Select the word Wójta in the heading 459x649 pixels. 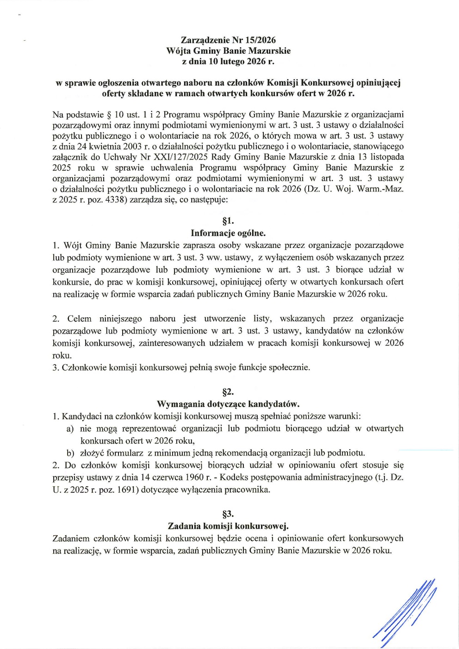click(178, 51)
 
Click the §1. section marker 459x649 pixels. click(228, 221)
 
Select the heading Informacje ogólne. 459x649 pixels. click(228, 233)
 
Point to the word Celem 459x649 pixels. click(79, 319)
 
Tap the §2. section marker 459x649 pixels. click(228, 392)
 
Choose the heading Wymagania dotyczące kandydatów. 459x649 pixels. click(228, 404)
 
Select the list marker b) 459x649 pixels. click(70, 453)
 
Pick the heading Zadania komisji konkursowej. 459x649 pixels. click(228, 526)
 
